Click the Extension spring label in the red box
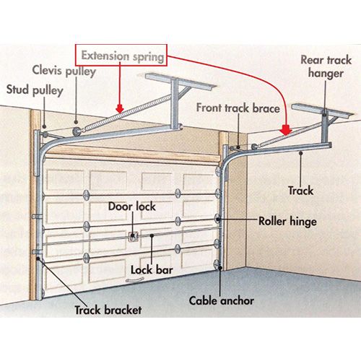(123, 56)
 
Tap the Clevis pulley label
(64, 71)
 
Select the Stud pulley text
(35, 90)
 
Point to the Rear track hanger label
(326, 66)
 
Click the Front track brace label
(238, 108)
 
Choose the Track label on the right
(301, 191)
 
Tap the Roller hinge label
(287, 222)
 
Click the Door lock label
(131, 206)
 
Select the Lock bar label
(152, 270)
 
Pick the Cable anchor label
(222, 300)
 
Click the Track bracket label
(108, 310)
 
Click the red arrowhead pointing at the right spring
(286, 130)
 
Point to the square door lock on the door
(133, 236)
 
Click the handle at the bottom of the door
(134, 280)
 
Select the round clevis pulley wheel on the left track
(77, 131)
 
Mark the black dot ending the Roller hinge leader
(218, 219)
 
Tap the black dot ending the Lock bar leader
(152, 235)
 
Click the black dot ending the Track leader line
(300, 152)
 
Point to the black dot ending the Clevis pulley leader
(76, 122)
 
